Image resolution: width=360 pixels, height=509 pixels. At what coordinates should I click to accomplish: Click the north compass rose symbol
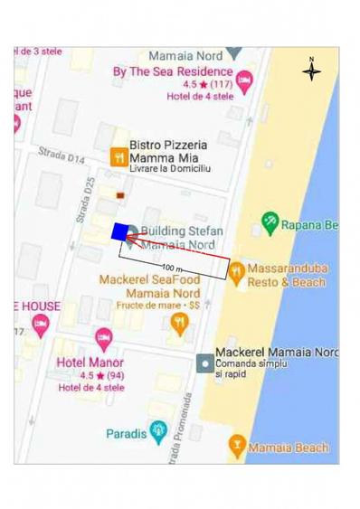[x=311, y=71]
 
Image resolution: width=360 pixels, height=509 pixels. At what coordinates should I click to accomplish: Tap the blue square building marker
[x=119, y=231]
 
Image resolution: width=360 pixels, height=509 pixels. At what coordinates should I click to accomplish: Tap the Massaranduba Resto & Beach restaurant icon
[x=235, y=270]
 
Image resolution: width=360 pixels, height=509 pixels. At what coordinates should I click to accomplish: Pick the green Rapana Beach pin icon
[x=269, y=222]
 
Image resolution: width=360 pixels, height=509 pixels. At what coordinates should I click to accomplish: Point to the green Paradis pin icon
[x=160, y=430]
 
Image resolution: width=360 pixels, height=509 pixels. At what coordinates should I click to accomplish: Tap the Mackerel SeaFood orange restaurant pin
[x=180, y=323]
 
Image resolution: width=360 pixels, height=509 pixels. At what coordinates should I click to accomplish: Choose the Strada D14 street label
[x=62, y=157]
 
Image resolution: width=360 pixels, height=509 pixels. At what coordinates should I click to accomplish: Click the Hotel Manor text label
[x=90, y=362]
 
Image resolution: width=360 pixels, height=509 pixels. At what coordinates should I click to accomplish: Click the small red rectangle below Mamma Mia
[x=120, y=194]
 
